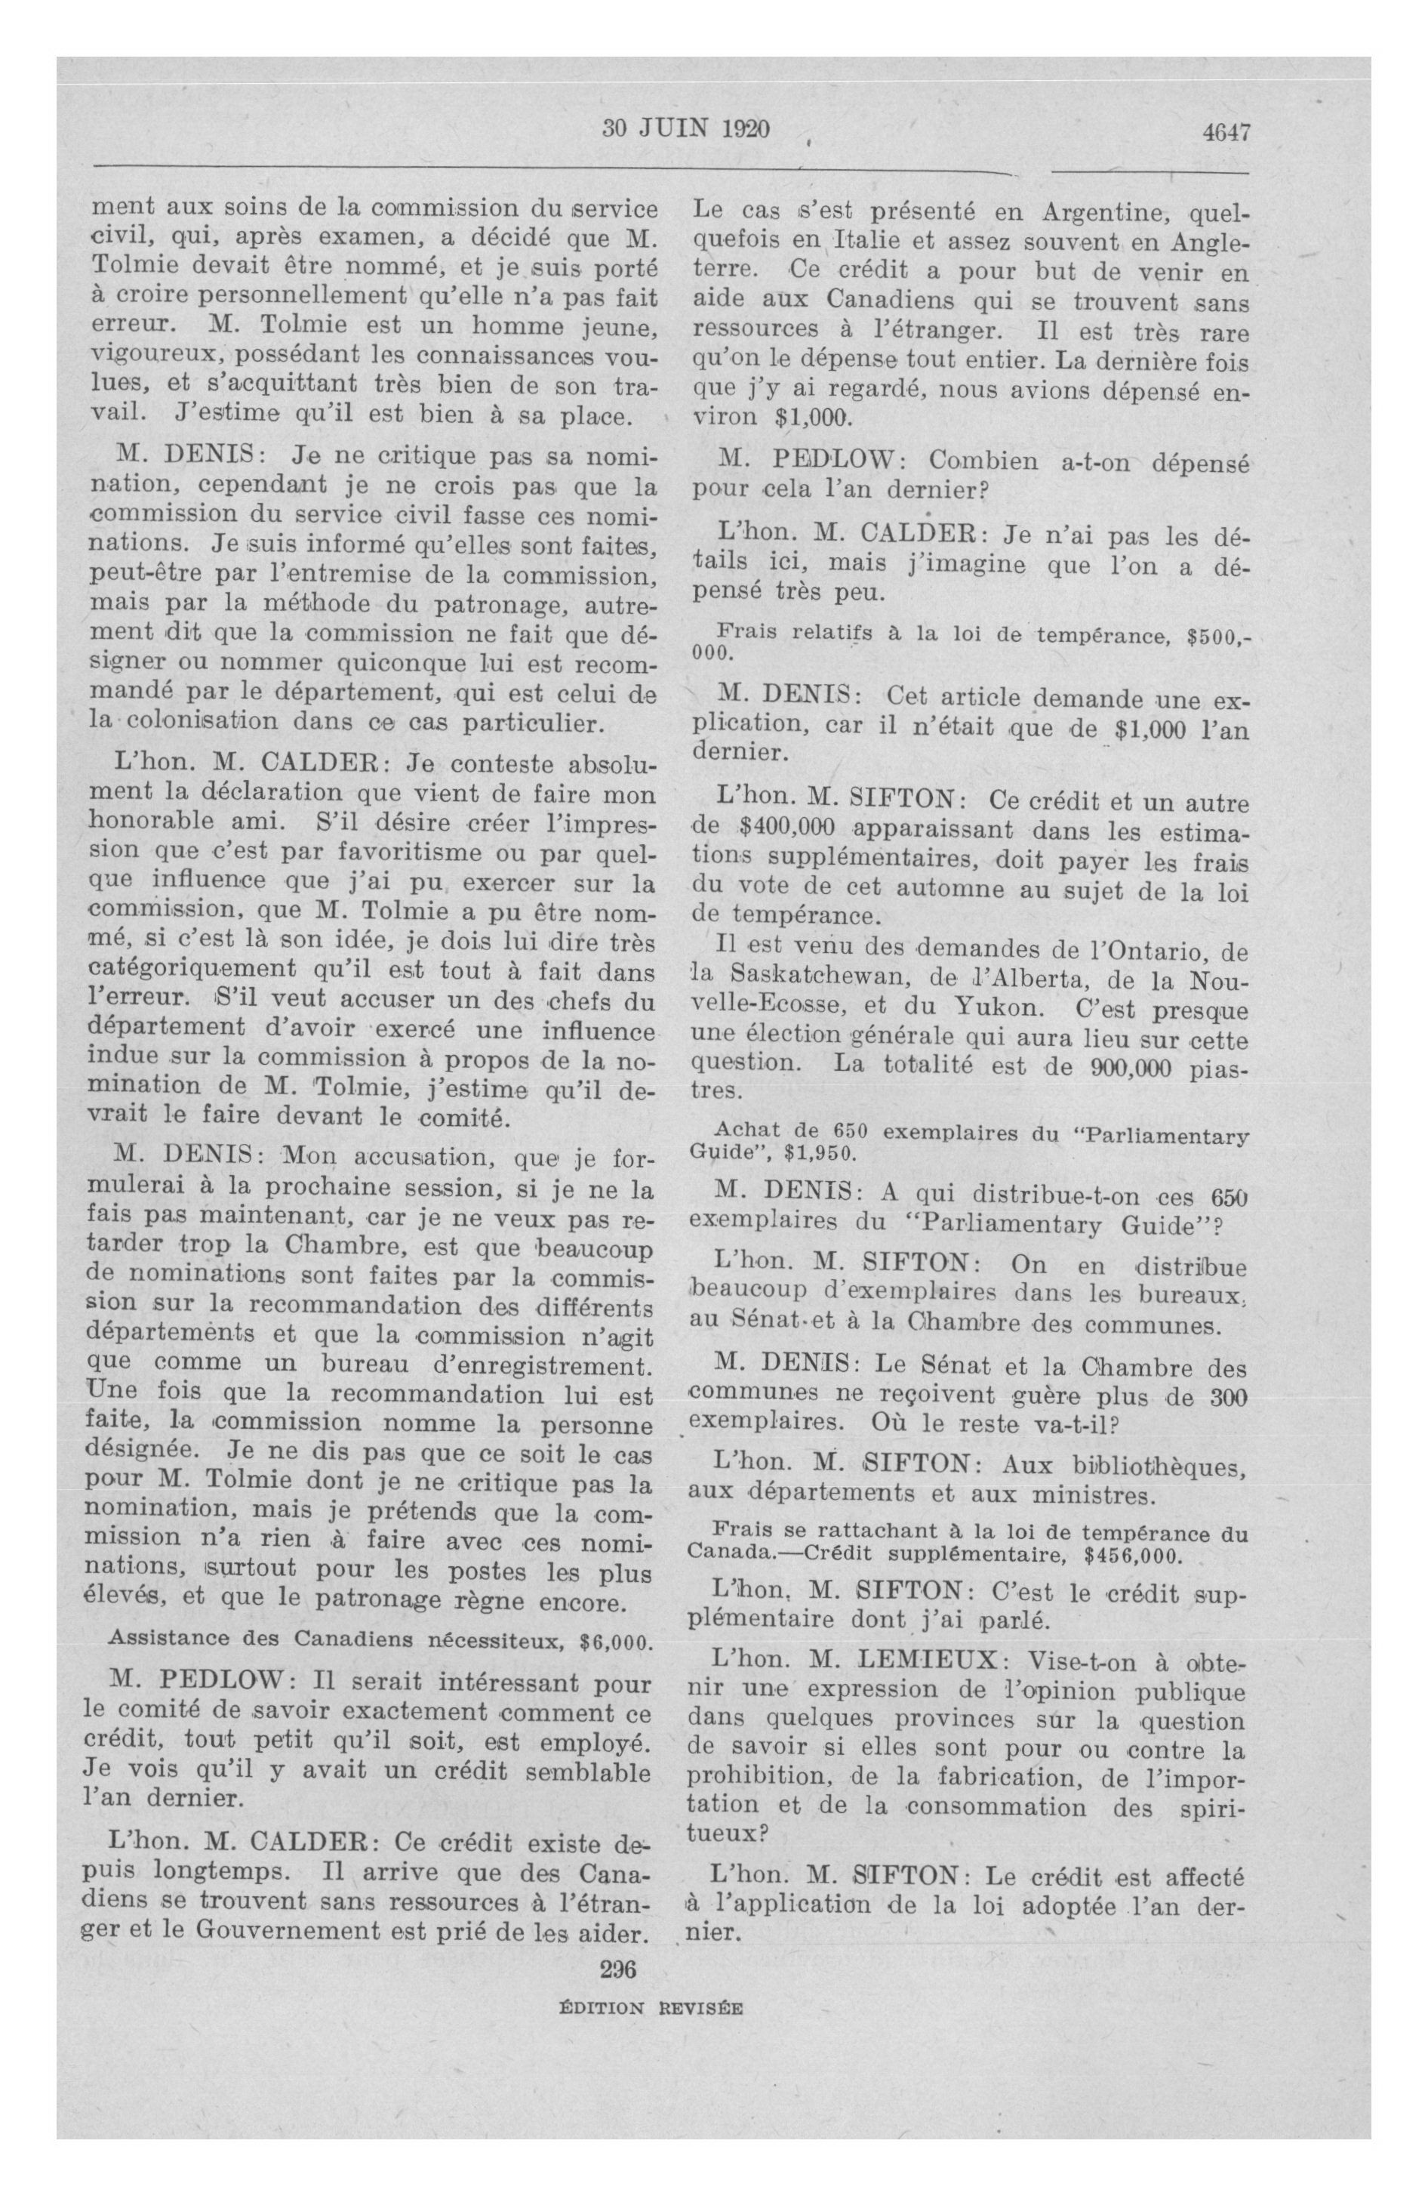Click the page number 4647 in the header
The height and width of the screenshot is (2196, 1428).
point(1225,132)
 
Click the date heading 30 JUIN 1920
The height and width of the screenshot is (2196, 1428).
point(685,129)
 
